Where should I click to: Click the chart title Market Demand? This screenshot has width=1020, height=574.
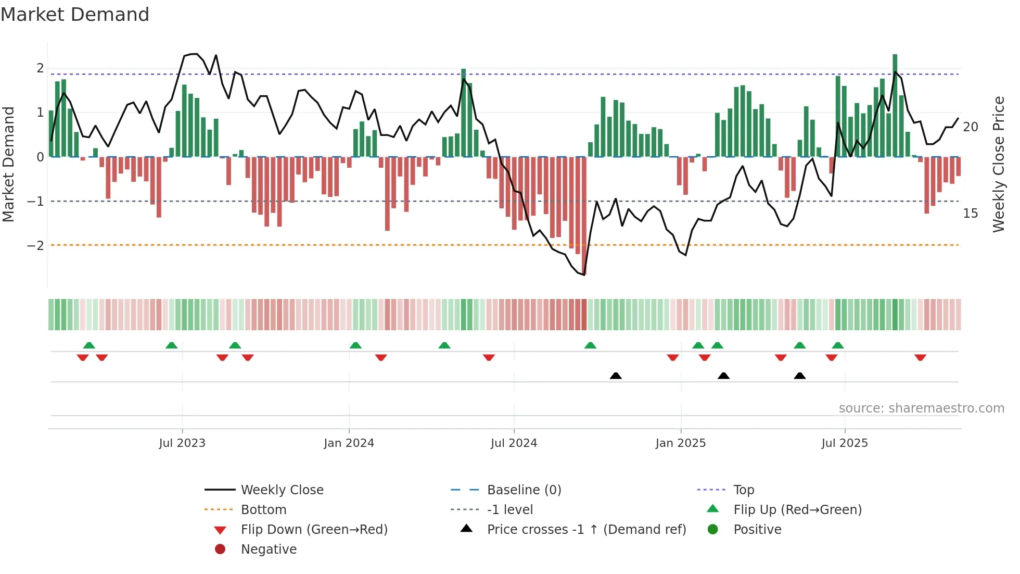(75, 15)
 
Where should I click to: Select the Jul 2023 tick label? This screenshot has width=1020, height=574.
(182, 443)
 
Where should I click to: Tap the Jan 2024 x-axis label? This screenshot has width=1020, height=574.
(349, 443)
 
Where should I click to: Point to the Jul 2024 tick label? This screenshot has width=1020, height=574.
(514, 443)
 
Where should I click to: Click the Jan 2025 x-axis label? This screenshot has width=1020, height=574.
(680, 443)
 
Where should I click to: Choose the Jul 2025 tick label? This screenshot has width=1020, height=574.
(845, 443)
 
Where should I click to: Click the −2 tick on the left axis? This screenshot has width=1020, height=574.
(35, 245)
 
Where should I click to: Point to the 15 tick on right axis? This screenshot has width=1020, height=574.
(970, 214)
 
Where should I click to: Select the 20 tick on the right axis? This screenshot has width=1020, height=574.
(970, 127)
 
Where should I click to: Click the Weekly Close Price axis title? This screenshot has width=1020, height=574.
(998, 164)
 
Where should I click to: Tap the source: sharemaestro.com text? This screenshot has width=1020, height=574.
(921, 408)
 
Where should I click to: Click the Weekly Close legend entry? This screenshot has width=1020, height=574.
(282, 490)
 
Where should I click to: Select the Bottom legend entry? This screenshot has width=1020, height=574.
(263, 510)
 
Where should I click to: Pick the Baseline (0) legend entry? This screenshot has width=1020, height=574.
(524, 490)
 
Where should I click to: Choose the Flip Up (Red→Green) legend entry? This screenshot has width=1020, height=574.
(797, 510)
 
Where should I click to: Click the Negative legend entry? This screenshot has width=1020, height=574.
(269, 550)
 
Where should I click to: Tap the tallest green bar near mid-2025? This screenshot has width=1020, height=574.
(895, 104)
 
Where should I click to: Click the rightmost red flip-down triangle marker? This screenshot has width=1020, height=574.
(920, 357)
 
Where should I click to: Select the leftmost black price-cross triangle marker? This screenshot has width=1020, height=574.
(616, 376)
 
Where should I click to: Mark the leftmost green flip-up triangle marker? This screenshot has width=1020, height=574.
(89, 345)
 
